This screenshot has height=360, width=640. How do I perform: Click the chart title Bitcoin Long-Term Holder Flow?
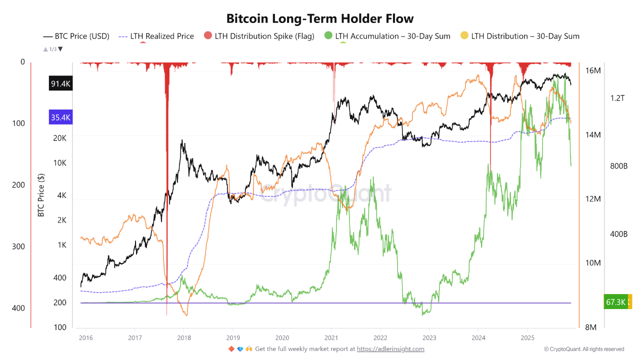coord(320,18)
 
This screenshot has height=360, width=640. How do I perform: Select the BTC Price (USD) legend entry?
coord(76,36)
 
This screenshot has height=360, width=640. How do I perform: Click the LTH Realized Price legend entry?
coord(156,36)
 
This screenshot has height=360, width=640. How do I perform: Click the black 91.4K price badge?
coord(60,84)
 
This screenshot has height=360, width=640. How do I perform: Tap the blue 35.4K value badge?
coord(60,118)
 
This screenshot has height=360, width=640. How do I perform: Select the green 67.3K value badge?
coord(615,302)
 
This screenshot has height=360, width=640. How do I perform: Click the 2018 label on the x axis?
coord(183,337)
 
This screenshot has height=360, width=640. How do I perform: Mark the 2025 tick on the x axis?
coord(527,337)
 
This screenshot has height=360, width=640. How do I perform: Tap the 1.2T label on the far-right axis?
coord(617,98)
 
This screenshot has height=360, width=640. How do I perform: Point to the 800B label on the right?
coord(618,166)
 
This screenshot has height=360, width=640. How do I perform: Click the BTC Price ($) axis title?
coord(41,195)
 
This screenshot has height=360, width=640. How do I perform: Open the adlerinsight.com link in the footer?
coord(390,349)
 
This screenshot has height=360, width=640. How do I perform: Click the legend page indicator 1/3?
coord(53,49)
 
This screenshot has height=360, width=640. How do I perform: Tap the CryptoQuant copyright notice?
coord(583,349)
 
